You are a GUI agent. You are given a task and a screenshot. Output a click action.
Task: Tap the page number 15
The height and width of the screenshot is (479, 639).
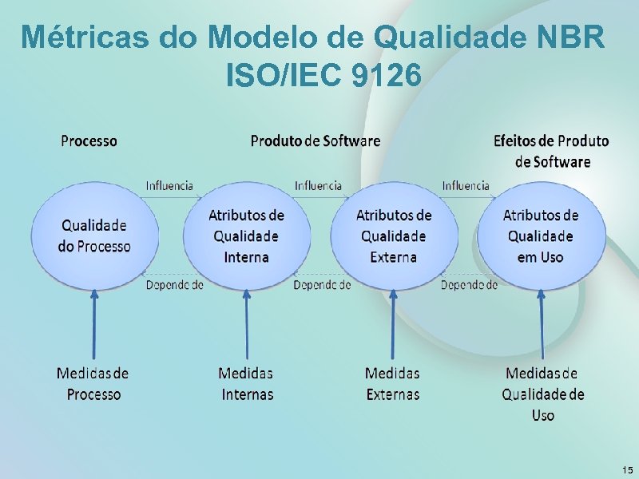627,469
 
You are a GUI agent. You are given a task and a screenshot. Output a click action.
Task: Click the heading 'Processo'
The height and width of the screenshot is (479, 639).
89,141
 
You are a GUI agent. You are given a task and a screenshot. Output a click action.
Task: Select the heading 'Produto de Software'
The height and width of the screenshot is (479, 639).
316,141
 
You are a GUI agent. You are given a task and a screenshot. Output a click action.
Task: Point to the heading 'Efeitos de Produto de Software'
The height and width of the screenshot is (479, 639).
551,151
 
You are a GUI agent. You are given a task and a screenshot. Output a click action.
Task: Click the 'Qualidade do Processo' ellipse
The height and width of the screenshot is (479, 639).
94,236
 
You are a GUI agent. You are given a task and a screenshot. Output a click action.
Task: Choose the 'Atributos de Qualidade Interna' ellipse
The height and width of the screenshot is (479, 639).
246,236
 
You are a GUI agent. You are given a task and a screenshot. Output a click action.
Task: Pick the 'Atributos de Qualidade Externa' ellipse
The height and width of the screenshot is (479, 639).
394,236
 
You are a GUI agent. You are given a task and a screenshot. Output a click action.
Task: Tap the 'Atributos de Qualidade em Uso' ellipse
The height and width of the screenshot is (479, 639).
541,236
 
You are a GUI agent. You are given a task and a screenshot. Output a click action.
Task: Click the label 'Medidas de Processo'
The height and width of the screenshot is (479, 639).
93,383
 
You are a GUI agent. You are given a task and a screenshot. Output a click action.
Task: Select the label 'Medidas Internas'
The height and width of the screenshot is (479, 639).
246,383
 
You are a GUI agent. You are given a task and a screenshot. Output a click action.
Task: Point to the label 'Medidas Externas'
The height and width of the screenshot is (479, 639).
392,383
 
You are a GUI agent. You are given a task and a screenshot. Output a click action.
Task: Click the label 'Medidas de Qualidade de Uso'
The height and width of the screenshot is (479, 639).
543,394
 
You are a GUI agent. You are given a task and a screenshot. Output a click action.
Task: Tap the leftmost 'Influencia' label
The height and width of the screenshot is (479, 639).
169,185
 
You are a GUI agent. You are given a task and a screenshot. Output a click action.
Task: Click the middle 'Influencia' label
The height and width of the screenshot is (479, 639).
318,185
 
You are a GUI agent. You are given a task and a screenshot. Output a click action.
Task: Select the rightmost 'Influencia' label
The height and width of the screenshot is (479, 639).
466,185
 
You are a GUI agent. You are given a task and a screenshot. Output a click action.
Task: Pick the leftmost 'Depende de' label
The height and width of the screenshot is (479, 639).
174,285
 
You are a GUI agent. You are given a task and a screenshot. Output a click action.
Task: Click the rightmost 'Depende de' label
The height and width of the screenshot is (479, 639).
469,285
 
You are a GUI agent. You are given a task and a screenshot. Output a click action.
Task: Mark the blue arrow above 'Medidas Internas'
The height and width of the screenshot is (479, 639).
246,323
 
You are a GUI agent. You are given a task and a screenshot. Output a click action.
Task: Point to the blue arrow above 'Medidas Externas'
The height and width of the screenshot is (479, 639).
392,323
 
